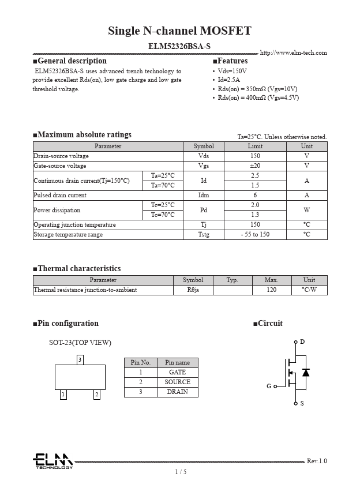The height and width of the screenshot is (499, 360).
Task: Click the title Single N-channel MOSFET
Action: pos(179,31)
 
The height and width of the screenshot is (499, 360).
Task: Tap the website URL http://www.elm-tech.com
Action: pos(293,53)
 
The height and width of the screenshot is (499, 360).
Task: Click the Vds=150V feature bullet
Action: pos(232,71)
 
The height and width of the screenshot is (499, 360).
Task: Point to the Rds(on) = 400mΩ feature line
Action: pos(258,97)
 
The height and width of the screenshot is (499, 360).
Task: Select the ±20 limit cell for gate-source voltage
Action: pos(255,166)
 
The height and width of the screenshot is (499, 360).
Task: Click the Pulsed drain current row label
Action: pos(60,196)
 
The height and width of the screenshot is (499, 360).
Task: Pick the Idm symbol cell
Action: pos(204,196)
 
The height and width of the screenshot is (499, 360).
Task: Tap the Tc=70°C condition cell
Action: pos(163,215)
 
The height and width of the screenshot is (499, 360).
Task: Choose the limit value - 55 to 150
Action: pos(255,235)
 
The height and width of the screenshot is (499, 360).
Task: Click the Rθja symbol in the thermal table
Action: pos(193,290)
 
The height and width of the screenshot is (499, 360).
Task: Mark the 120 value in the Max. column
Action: pos(271,290)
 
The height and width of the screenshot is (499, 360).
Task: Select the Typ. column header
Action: pos(232,280)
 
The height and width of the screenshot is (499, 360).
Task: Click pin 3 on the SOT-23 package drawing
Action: pos(80,360)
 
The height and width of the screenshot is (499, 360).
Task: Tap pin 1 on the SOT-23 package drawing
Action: pos(63,395)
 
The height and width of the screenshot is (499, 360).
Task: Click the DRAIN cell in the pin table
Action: pos(177,392)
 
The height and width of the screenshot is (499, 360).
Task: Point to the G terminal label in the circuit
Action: pos(269,386)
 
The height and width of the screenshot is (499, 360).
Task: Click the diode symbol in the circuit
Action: pos(306,373)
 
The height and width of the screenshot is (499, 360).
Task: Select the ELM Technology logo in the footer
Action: pos(52,461)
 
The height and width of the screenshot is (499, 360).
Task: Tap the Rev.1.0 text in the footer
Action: pos(317,461)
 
